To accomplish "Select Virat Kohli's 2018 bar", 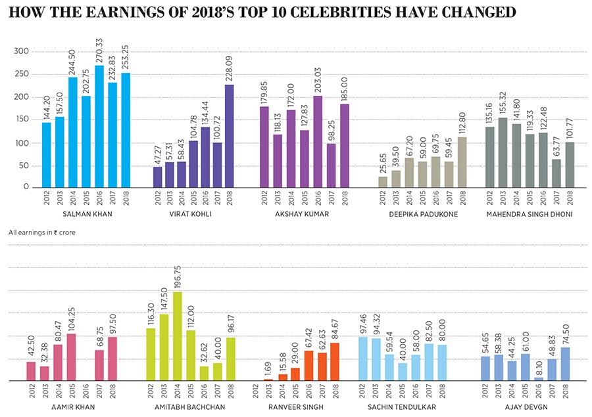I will point(230,135).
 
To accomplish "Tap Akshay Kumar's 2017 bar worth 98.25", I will point(331,165).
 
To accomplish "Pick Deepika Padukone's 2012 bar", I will point(383,181).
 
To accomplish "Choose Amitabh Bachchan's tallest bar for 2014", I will point(178,336).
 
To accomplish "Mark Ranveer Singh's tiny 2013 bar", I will point(268,380).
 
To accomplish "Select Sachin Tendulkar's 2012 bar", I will point(363,359).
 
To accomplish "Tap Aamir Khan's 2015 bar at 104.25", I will point(71,357).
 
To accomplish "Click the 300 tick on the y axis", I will point(22,51).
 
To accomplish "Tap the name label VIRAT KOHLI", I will point(191,215).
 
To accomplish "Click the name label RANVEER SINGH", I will point(295,407).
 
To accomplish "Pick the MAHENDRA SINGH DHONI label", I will point(530,215).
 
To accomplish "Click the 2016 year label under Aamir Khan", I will point(85,392).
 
